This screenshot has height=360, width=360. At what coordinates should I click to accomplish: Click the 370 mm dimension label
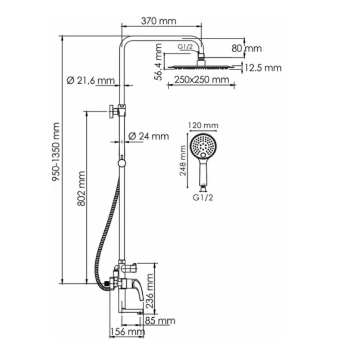click(x=159, y=21)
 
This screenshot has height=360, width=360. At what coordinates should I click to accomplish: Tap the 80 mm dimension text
click(x=247, y=49)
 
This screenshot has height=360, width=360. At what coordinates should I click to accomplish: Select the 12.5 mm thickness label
click(x=263, y=68)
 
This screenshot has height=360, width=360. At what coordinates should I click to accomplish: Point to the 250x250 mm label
click(x=202, y=80)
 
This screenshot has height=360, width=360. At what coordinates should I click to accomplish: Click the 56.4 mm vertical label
click(x=158, y=62)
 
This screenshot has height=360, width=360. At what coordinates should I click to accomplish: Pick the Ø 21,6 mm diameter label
click(x=91, y=81)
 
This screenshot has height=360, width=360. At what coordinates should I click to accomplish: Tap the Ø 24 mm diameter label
click(x=148, y=136)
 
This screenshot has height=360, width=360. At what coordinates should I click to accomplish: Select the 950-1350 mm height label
click(x=56, y=152)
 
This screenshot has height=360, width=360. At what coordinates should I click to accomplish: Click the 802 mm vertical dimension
click(x=81, y=189)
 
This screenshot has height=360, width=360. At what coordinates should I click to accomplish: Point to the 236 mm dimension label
click(x=149, y=291)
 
